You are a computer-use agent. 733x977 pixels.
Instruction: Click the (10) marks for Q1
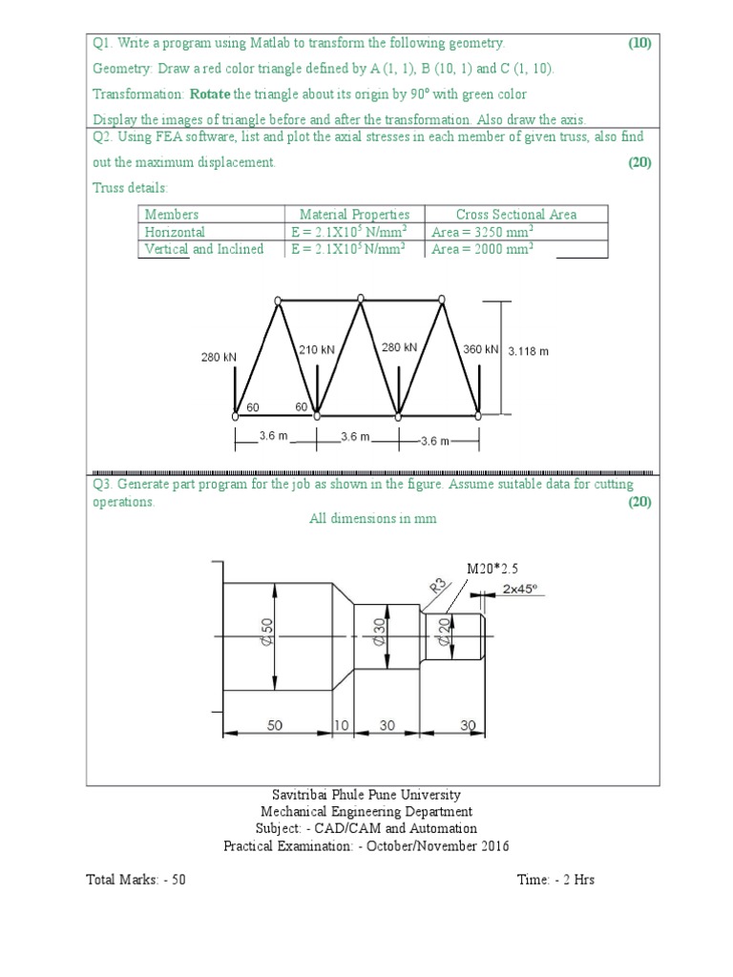tap(639, 43)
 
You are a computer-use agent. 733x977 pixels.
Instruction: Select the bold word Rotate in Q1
tap(210, 94)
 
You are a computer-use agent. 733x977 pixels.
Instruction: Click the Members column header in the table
tap(172, 215)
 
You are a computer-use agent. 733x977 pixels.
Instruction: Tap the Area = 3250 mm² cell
tap(482, 232)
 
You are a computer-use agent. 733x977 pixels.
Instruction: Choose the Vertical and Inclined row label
tap(203, 249)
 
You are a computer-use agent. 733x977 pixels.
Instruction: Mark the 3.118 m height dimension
tap(528, 351)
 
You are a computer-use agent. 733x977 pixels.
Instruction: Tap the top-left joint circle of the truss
tap(278, 301)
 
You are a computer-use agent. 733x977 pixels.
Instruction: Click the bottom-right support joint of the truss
tap(481, 415)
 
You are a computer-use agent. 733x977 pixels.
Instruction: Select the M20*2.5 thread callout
tap(492, 569)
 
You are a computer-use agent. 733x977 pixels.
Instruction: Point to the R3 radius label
tap(438, 585)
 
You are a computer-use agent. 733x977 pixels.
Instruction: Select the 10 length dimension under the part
tap(342, 726)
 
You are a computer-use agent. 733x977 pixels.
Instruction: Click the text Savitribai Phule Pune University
tap(366, 795)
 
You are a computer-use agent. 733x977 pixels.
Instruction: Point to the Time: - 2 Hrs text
tap(555, 880)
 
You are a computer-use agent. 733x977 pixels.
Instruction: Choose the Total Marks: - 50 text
tap(136, 880)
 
